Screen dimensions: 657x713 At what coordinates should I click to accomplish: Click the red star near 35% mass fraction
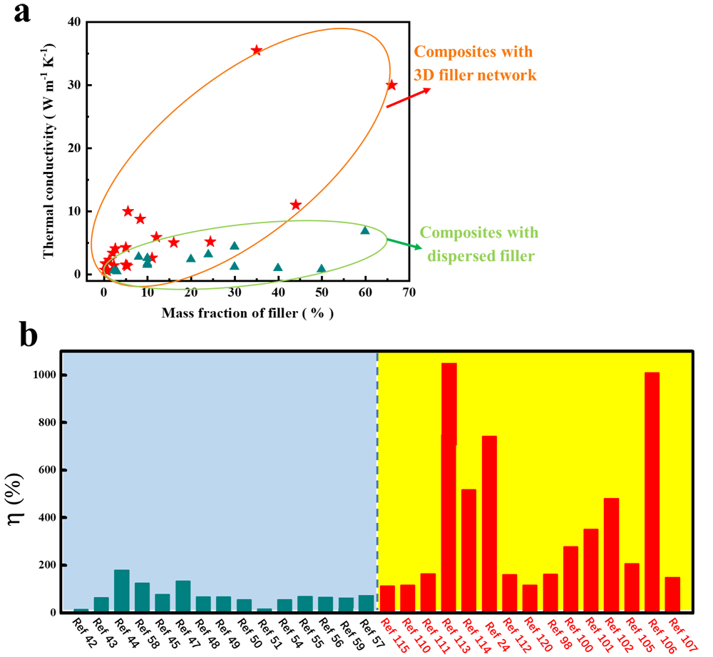(x=257, y=51)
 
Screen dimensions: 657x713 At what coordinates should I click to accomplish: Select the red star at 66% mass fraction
(x=391, y=85)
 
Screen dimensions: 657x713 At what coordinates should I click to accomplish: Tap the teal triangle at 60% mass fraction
(x=365, y=230)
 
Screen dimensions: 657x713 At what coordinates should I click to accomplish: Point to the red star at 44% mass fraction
(x=296, y=205)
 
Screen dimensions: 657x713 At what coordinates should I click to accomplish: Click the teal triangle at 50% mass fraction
(x=322, y=269)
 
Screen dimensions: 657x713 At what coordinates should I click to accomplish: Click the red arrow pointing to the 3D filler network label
(x=408, y=98)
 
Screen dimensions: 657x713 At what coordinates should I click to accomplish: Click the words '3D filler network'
(x=475, y=74)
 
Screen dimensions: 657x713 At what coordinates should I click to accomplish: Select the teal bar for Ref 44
(x=122, y=591)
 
